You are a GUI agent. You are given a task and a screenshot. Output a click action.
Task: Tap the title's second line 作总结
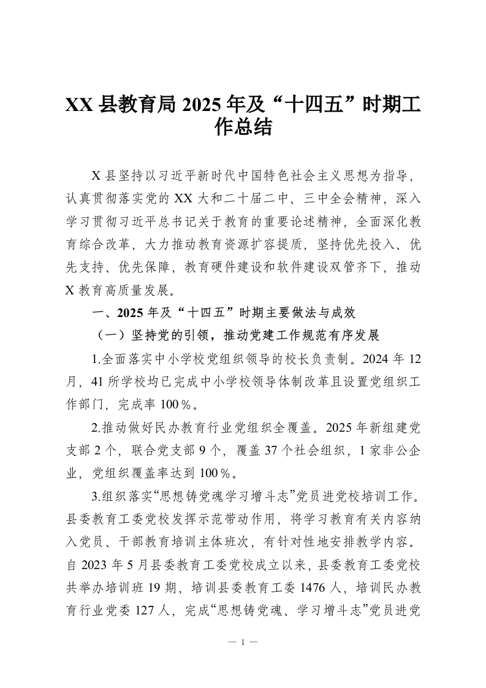243,128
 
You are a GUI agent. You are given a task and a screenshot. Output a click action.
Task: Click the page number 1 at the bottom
243,642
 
